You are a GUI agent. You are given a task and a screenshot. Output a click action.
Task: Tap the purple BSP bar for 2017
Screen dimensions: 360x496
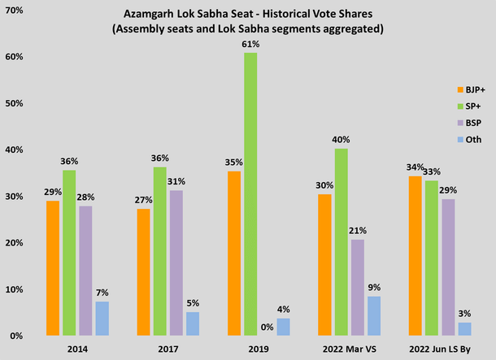pos(176,262)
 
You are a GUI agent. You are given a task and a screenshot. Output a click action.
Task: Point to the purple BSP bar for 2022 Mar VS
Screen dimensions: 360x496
pos(356,287)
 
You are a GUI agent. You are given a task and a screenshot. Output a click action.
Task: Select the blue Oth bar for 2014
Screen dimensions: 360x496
pos(102,318)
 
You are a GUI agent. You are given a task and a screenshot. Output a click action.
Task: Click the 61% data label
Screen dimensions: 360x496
pos(250,44)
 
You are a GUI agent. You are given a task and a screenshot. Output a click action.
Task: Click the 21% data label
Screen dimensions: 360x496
pos(357,231)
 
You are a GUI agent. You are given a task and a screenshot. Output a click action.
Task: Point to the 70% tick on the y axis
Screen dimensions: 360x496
pos(15,11)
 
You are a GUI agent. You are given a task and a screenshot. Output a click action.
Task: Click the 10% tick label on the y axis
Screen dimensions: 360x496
pos(15,289)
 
